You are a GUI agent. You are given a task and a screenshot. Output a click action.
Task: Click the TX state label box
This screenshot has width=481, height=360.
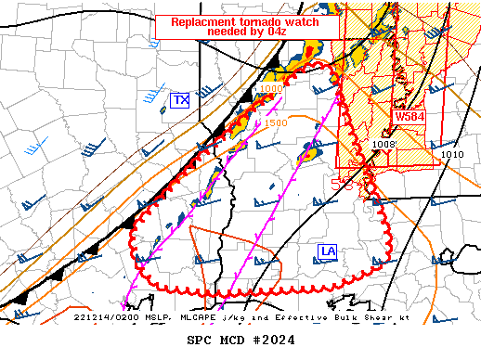(x=180, y=100)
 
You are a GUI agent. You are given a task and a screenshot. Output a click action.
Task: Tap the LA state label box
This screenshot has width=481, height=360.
(x=328, y=251)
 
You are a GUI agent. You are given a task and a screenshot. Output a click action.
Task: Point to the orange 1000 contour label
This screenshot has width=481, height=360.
(x=271, y=89)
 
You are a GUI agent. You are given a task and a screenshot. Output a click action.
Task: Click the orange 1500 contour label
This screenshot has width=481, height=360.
(x=276, y=122)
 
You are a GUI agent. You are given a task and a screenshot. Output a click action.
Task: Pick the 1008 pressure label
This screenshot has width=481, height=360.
(x=383, y=145)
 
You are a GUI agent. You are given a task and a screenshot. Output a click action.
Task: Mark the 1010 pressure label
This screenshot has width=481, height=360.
(x=452, y=155)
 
